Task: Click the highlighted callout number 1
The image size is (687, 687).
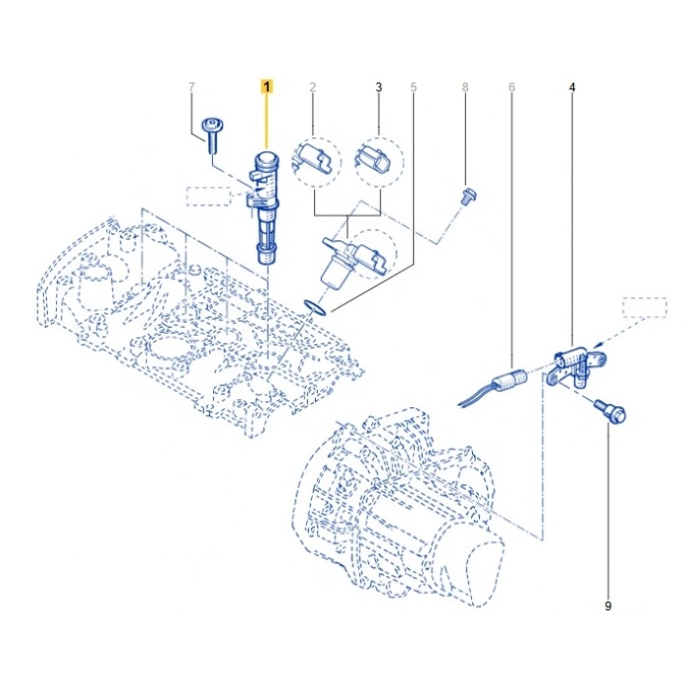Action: [x=266, y=87]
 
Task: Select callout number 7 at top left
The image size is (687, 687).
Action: [x=191, y=87]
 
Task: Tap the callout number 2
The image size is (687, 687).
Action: [x=312, y=87]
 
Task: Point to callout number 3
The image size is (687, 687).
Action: [x=378, y=87]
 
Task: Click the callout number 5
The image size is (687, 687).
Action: [x=413, y=87]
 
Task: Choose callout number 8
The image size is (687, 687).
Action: [x=465, y=87]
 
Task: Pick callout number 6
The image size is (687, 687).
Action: [x=511, y=87]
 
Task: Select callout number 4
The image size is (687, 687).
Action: [x=572, y=87]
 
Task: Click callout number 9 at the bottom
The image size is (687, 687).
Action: [x=608, y=607]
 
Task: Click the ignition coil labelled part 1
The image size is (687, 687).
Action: [x=265, y=206]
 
